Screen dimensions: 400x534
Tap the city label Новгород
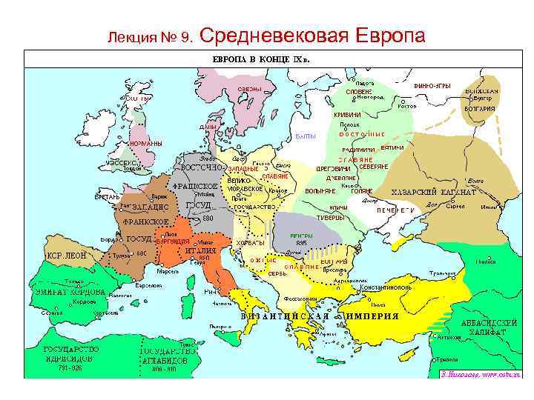(x=370, y=96)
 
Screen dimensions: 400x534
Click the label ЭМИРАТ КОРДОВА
(x=67, y=292)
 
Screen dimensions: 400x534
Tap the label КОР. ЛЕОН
(x=67, y=255)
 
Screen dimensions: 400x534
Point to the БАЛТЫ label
(x=306, y=136)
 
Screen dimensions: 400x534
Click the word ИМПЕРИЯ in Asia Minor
(x=371, y=316)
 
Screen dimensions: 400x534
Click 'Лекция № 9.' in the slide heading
(x=151, y=37)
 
